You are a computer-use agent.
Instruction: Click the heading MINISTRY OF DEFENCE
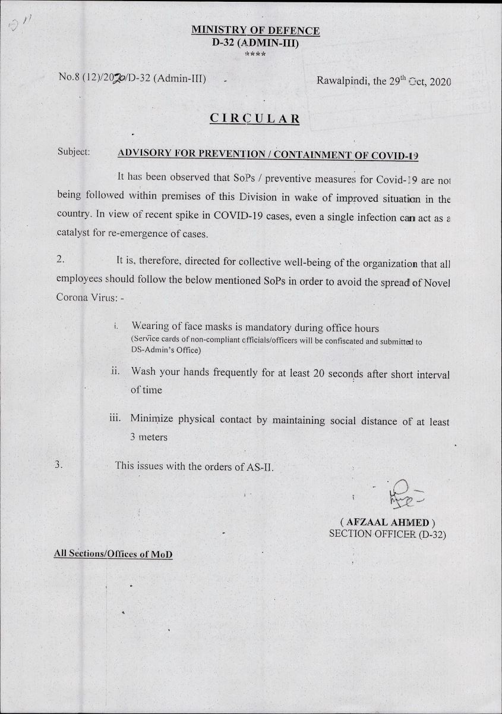[255, 31]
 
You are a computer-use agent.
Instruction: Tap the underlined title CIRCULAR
[255, 118]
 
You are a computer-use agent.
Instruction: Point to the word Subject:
[74, 152]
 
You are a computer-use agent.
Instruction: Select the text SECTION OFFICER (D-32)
[387, 534]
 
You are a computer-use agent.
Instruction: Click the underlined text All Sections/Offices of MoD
[113, 553]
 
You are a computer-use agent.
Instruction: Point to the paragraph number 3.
[58, 465]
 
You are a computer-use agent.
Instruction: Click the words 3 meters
[149, 437]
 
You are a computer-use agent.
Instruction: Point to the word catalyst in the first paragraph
[77, 234]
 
